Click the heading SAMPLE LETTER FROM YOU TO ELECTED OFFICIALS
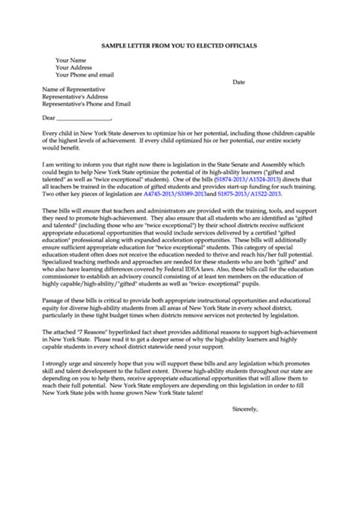(179, 46)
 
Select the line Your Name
(71, 59)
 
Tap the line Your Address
(74, 67)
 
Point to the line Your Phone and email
(85, 74)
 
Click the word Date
(238, 81)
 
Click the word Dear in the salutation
(49, 118)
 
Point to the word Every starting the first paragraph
(50, 132)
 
